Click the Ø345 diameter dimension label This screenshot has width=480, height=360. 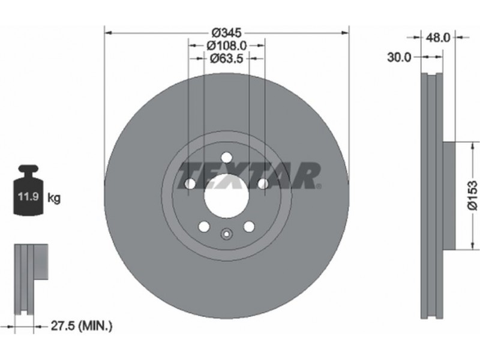227,32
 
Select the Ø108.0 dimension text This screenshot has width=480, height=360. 227,46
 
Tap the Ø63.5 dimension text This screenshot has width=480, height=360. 227,58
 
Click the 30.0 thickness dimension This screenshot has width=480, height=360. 399,57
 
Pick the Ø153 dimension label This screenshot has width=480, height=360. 472,196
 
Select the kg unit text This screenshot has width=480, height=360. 54,199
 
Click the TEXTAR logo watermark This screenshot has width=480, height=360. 248,175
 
